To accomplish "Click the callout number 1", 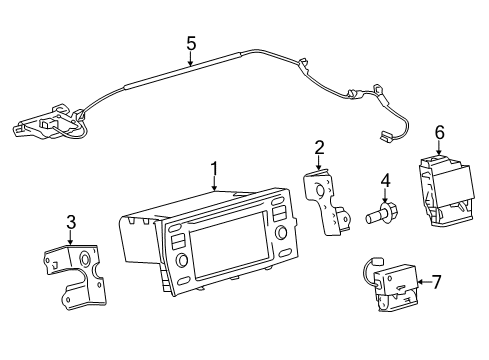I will [213, 167].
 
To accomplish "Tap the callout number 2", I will [319, 147].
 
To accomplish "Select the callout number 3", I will [70, 222].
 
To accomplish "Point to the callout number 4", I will [384, 181].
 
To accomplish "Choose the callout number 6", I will [439, 131].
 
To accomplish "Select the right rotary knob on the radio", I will [279, 236].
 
